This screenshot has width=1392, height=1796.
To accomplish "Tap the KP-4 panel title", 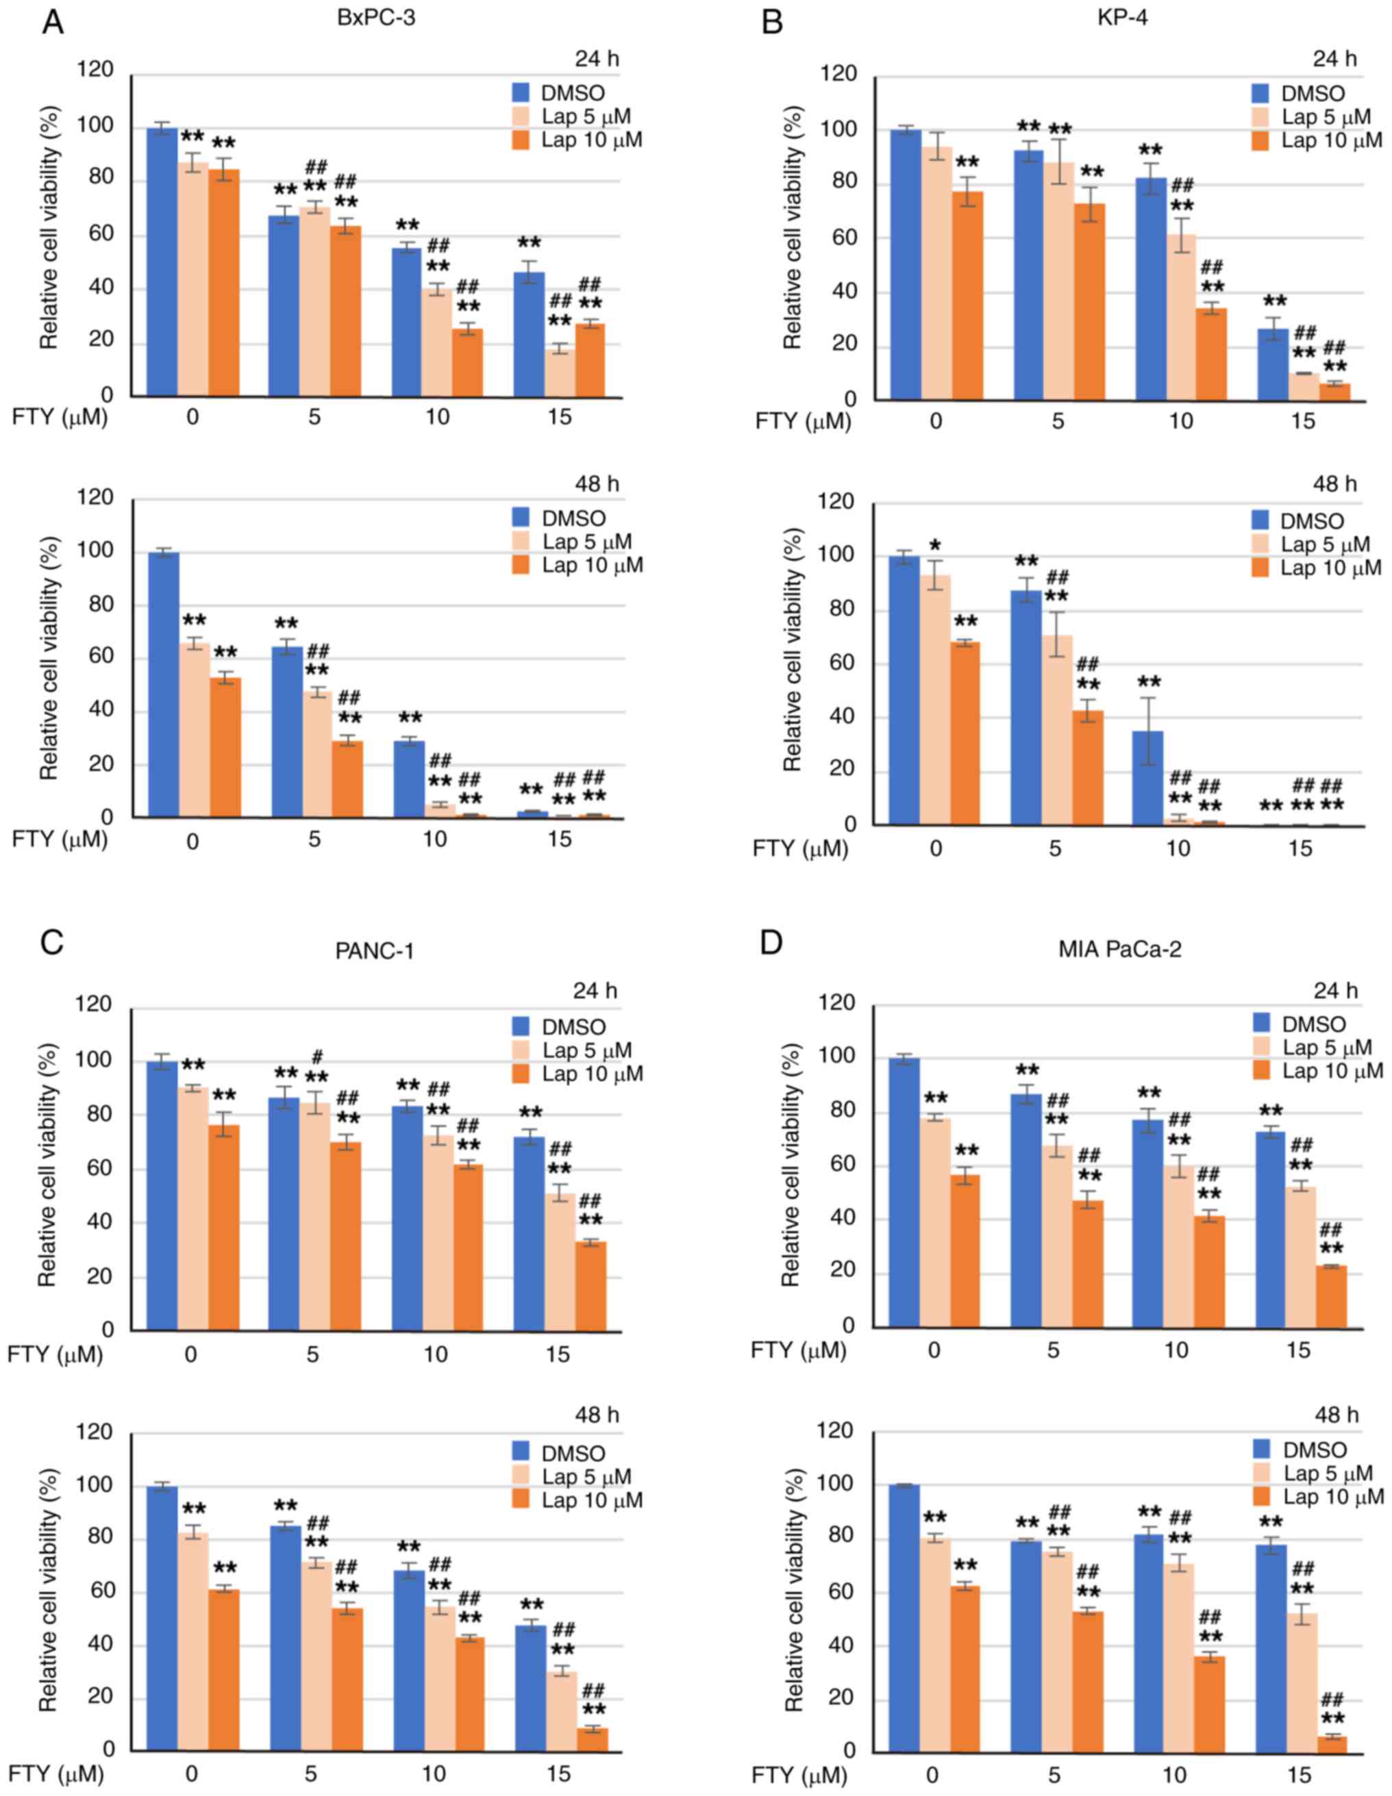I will pos(1122,17).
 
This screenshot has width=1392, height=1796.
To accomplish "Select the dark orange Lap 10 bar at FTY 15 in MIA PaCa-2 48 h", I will pos(1331,1743).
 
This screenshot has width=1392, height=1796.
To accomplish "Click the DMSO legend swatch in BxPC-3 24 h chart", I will pos(520,93).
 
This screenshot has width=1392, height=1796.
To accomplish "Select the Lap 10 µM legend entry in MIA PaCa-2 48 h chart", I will pos(1333,1497).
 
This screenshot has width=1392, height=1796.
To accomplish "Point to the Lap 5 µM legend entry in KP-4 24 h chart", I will pos(1326,117).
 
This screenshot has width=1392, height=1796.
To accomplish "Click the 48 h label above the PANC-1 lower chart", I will pos(597,1415).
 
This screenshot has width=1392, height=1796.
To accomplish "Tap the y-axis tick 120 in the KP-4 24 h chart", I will pos(839,75).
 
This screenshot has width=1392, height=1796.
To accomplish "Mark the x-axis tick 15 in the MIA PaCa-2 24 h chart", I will pos(1297,1350).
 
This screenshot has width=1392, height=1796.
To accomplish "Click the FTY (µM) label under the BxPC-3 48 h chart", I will pos(59,839).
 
